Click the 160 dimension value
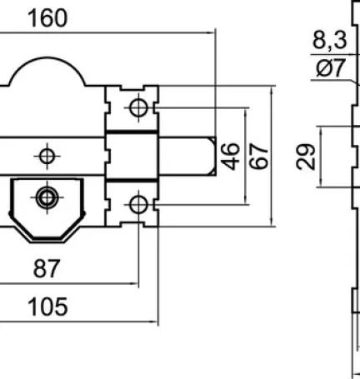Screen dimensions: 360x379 pyautogui.click(x=47, y=18)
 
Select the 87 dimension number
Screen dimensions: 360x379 pyautogui.click(x=47, y=269)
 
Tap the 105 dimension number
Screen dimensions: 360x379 pyautogui.click(x=47, y=307)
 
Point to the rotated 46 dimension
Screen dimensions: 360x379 pyautogui.click(x=230, y=156)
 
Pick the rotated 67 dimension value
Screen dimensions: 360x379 pyautogui.click(x=259, y=156)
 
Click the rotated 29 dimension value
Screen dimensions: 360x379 pyautogui.click(x=306, y=157)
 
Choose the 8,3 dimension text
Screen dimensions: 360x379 pyautogui.click(x=330, y=41)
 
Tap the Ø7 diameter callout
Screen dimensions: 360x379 pyautogui.click(x=331, y=67)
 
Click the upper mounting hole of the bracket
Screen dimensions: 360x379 pyautogui.click(x=138, y=107)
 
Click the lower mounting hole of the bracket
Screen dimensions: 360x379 pyautogui.click(x=138, y=204)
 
